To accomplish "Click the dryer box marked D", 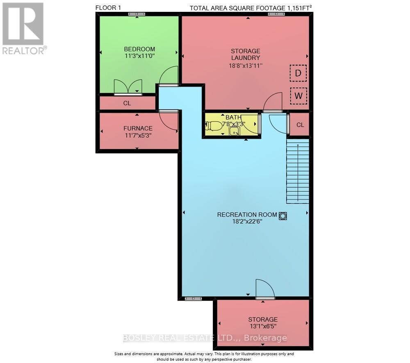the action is [298, 73].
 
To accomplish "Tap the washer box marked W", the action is [298, 95].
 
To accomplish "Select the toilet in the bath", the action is [213, 126].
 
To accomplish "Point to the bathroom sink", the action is [235, 132].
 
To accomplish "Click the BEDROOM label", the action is [139, 49].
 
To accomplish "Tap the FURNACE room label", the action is [138, 128].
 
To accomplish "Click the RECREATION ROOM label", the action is [247, 215].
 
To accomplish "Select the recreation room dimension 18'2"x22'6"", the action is [247, 222].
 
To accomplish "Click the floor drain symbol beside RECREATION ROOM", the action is [283, 216].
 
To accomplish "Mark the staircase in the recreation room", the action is [298, 171].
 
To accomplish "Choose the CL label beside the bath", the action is [300, 125].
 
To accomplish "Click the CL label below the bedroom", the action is [127, 103].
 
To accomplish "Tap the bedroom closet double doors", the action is [128, 87].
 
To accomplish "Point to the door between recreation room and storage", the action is [265, 289].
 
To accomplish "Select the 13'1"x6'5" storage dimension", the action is [263, 326].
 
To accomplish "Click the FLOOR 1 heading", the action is [108, 8].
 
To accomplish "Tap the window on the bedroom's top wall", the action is [137, 14].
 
